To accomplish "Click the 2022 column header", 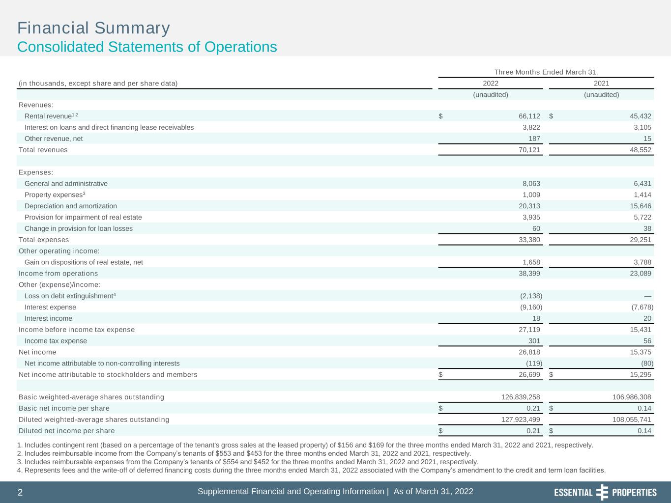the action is tap(490, 84).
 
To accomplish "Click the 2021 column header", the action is tap(601, 84).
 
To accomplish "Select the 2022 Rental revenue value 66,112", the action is tap(529, 116).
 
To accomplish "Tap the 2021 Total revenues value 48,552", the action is tap(641, 150).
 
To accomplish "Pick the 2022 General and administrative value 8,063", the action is tap(531, 184).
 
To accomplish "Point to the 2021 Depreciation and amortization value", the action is tap(641, 206).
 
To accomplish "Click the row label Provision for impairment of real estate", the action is tap(83, 217).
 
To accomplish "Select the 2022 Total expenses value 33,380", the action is tap(529, 240).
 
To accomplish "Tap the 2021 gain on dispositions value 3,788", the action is tap(642, 262).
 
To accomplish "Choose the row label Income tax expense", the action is tap(56, 341).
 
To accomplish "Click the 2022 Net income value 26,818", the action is tap(529, 352).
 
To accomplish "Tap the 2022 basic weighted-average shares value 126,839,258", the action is tap(521, 397).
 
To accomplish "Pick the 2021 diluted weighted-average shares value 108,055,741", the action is tap(632, 419).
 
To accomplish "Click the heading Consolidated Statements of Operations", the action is tap(147, 47).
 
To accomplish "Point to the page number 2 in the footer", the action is tap(20, 492).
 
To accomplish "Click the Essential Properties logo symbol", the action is tap(602, 492).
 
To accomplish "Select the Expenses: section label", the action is tap(36, 172).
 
